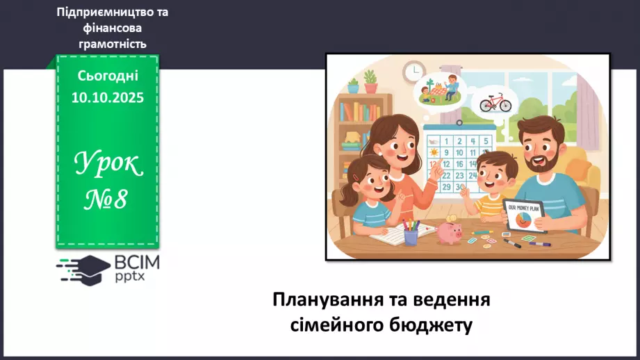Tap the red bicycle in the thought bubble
point(495,103)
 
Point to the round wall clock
point(414,70)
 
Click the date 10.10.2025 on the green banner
point(108,98)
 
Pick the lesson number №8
point(108,200)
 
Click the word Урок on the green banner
point(108,165)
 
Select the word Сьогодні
point(108,76)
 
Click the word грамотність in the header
point(112,44)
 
